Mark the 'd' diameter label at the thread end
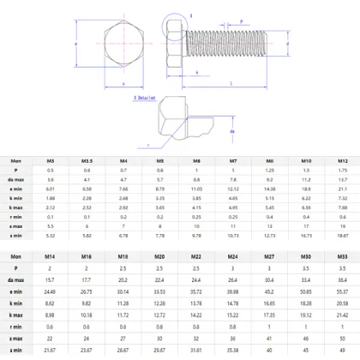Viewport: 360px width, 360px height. click(287, 43)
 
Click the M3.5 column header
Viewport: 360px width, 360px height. click(87, 161)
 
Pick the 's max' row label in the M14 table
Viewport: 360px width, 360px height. click(17, 339)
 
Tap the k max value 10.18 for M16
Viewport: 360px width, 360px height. click(87, 315)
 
